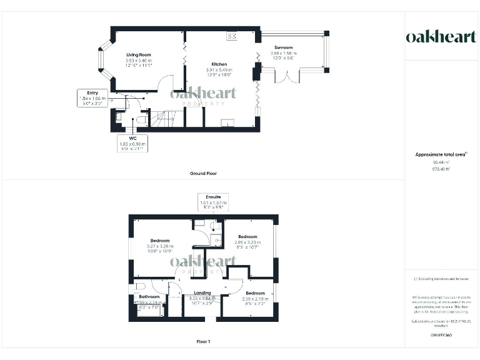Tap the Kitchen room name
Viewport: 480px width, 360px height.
pyautogui.click(x=219, y=63)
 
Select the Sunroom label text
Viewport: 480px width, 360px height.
pyautogui.click(x=283, y=47)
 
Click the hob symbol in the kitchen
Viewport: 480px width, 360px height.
pyautogui.click(x=232, y=36)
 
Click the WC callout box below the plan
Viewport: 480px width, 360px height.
pyautogui.click(x=132, y=142)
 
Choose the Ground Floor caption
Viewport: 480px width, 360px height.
pyautogui.click(x=204, y=173)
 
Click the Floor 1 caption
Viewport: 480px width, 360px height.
pyautogui.click(x=203, y=342)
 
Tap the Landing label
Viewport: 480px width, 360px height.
pyautogui.click(x=202, y=292)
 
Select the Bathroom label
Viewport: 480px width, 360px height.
pyautogui.click(x=149, y=297)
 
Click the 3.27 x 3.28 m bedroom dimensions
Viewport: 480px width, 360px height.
pyautogui.click(x=159, y=246)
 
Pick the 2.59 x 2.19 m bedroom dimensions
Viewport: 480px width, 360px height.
pyautogui.click(x=255, y=299)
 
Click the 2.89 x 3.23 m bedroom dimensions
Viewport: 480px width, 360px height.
pyautogui.click(x=247, y=242)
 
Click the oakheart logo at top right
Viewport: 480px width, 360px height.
pyautogui.click(x=441, y=37)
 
